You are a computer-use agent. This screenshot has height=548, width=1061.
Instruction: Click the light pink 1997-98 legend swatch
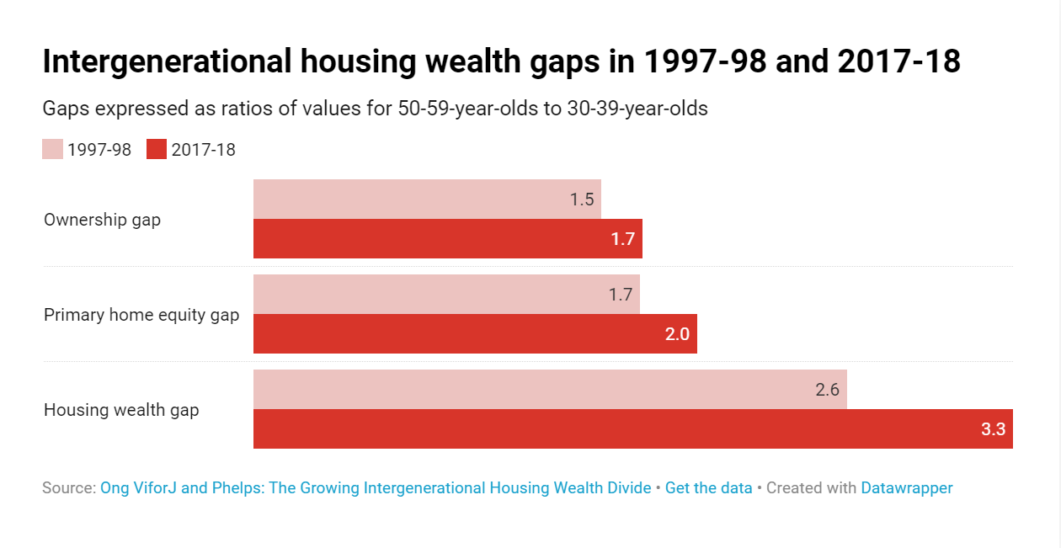point(52,150)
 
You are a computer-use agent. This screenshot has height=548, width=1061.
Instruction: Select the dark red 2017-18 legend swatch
point(157,150)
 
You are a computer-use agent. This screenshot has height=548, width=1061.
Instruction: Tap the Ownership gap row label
point(102,221)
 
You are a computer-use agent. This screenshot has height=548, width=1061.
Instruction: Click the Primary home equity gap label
point(141,316)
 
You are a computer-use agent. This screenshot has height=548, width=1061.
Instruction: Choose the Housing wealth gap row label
point(121,411)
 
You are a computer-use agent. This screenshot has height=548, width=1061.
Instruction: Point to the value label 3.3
point(993,429)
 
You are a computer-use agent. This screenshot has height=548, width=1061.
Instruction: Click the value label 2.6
point(827,390)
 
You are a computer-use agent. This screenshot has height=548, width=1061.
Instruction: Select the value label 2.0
point(677,334)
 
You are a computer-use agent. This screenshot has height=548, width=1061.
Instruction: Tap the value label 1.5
point(582,200)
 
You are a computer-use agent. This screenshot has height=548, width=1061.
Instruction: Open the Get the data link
point(708,488)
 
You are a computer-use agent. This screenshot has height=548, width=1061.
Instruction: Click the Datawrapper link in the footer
point(906,488)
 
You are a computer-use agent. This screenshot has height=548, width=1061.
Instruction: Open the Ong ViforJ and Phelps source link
point(376,488)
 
